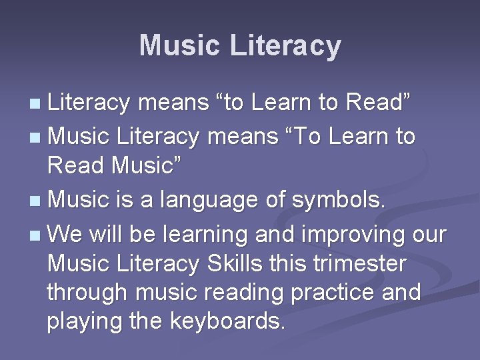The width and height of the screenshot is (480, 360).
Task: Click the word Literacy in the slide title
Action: click(x=285, y=46)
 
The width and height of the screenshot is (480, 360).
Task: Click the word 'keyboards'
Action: click(x=229, y=321)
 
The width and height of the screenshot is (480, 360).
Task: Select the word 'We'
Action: click(x=63, y=235)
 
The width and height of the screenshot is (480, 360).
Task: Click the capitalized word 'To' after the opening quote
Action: click(x=304, y=137)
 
